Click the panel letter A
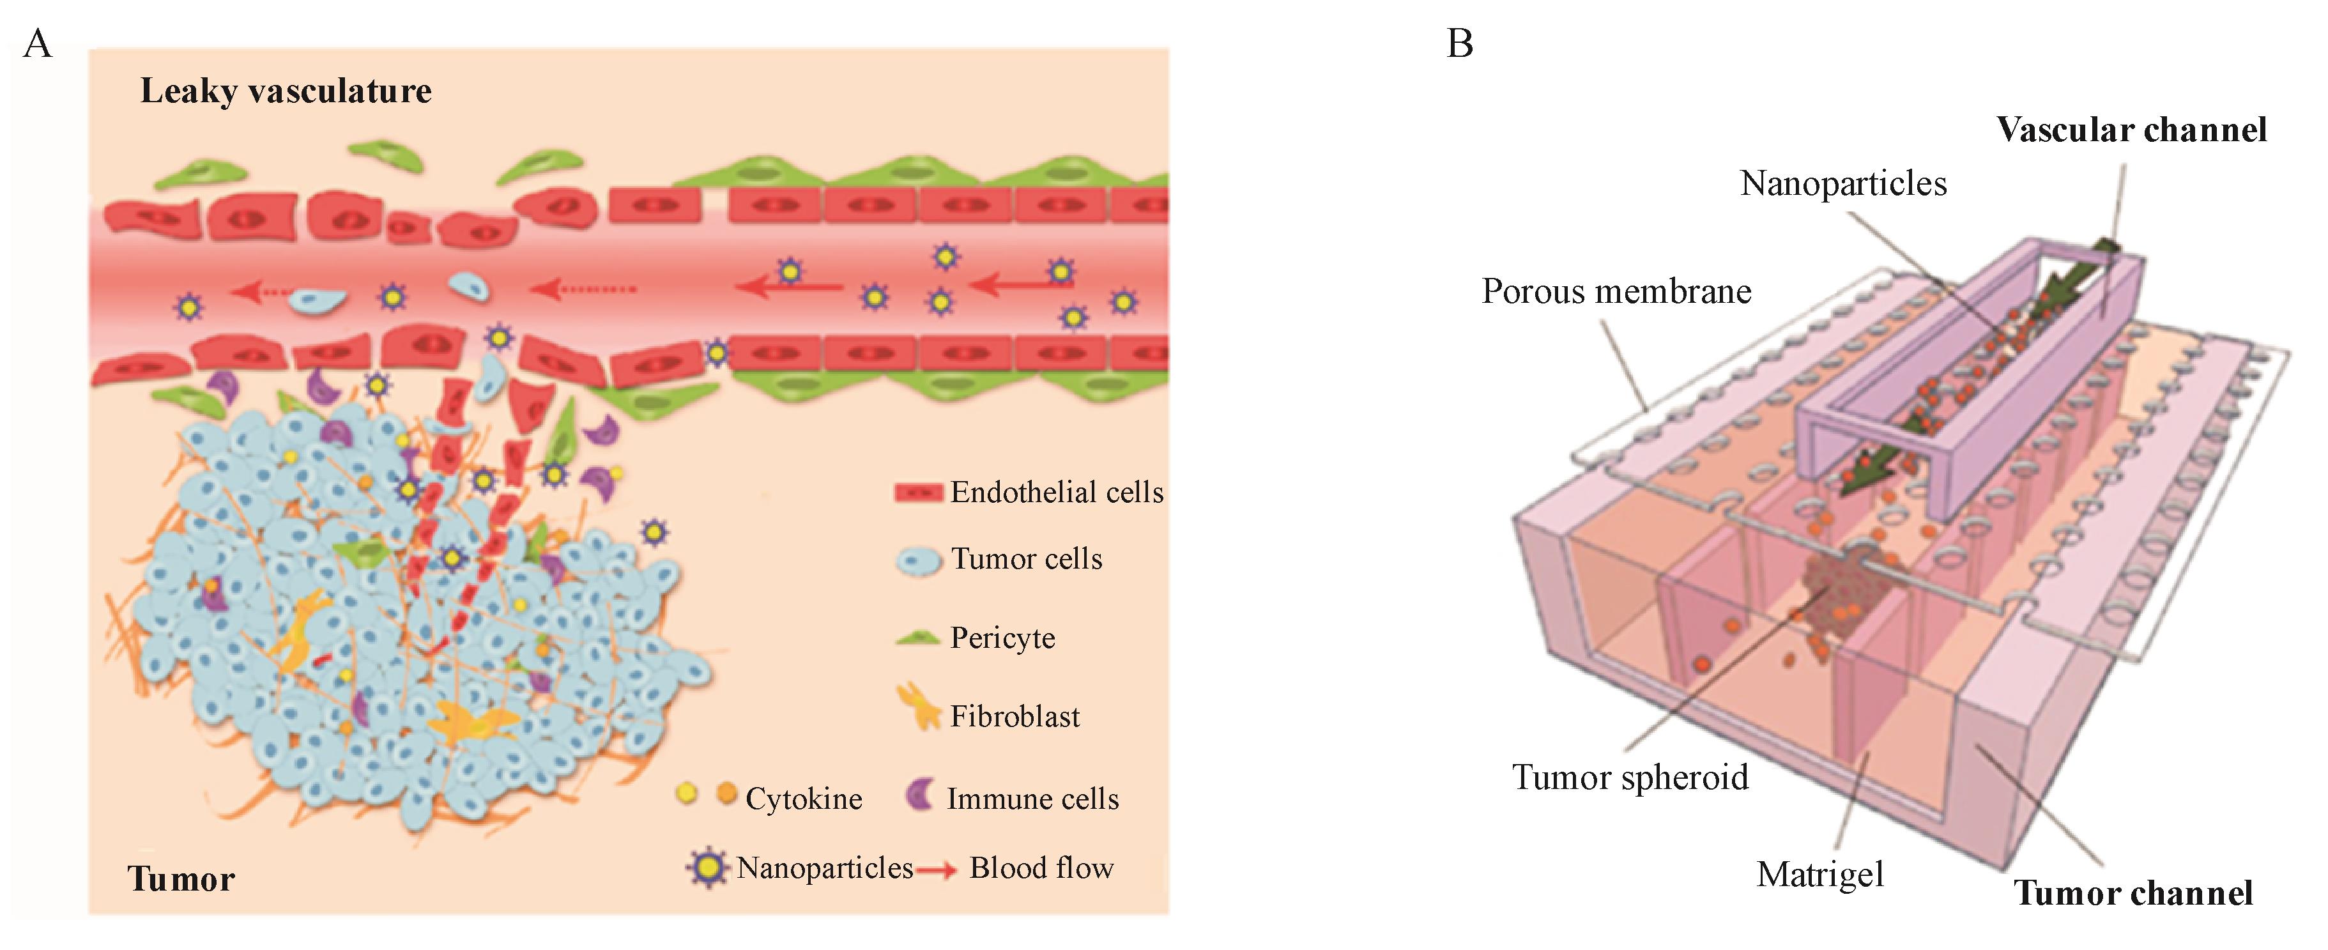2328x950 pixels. click(x=37, y=43)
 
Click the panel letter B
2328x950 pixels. click(x=1460, y=43)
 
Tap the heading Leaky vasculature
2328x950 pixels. click(x=286, y=91)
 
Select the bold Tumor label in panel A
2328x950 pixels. click(x=181, y=878)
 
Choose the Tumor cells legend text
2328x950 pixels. click(x=1027, y=560)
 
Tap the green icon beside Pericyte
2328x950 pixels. click(x=917, y=639)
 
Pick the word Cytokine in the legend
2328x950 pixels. click(x=804, y=799)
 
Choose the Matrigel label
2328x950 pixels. click(x=1820, y=874)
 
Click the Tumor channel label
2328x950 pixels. click(x=2133, y=893)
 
